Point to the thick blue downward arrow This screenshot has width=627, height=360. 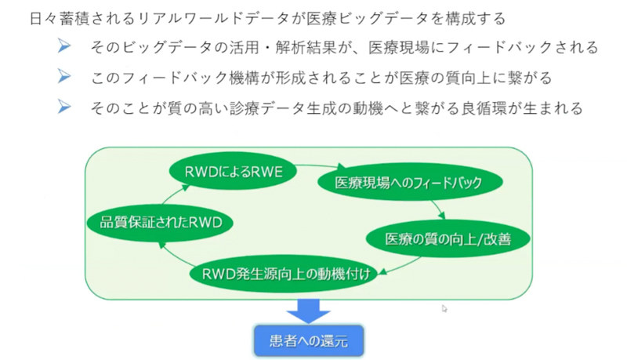[x=309, y=309]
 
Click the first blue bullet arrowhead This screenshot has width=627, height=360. [x=67, y=47]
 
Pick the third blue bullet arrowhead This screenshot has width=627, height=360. [x=67, y=107]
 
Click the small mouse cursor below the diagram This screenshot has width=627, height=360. [x=444, y=309]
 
